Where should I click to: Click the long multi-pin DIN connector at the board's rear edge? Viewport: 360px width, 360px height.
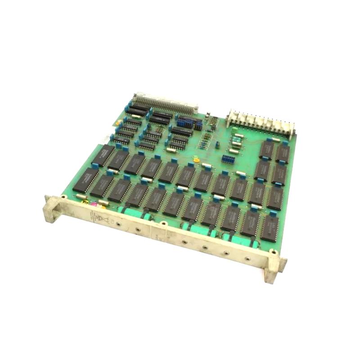[166, 102]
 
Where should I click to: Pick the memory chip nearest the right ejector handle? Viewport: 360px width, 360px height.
[268, 227]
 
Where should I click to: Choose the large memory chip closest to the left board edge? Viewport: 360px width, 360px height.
[85, 180]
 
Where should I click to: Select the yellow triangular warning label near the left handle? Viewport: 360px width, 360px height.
[84, 203]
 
